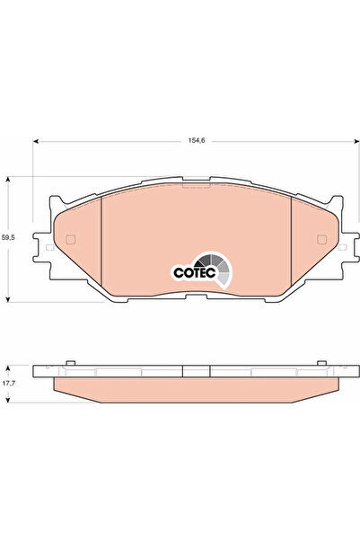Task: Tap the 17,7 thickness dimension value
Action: click(x=8, y=383)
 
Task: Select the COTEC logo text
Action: click(x=195, y=272)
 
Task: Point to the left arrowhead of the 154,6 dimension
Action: click(x=35, y=141)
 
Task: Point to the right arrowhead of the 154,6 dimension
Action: click(x=356, y=141)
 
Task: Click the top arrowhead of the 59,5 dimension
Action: click(x=7, y=180)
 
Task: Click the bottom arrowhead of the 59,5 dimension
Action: click(x=7, y=299)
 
